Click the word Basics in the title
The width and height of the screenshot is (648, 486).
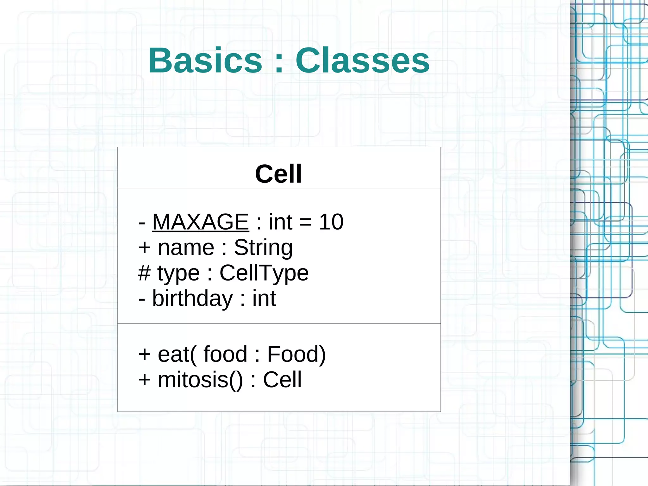pos(205,60)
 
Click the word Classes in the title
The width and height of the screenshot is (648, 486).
pos(362,60)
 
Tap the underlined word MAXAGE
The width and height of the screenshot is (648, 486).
pos(200,222)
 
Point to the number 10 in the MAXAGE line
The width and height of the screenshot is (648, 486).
pos(331,222)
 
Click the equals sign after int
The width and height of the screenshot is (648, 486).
pos(305,222)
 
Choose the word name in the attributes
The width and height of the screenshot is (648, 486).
pos(186,247)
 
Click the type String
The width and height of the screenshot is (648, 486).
pos(263,248)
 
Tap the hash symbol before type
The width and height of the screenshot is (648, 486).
pos(144,273)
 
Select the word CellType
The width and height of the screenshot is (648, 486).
pos(264,273)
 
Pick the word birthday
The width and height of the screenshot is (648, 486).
pos(192,298)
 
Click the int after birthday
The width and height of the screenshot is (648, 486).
pos(264,298)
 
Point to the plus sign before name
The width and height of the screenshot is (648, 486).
pos(145,248)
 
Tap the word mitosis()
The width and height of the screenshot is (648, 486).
pos(200,380)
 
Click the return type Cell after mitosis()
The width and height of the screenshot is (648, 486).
pos(282,380)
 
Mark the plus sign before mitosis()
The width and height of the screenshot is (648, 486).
pos(145,380)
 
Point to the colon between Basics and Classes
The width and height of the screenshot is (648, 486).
pos(279,62)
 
